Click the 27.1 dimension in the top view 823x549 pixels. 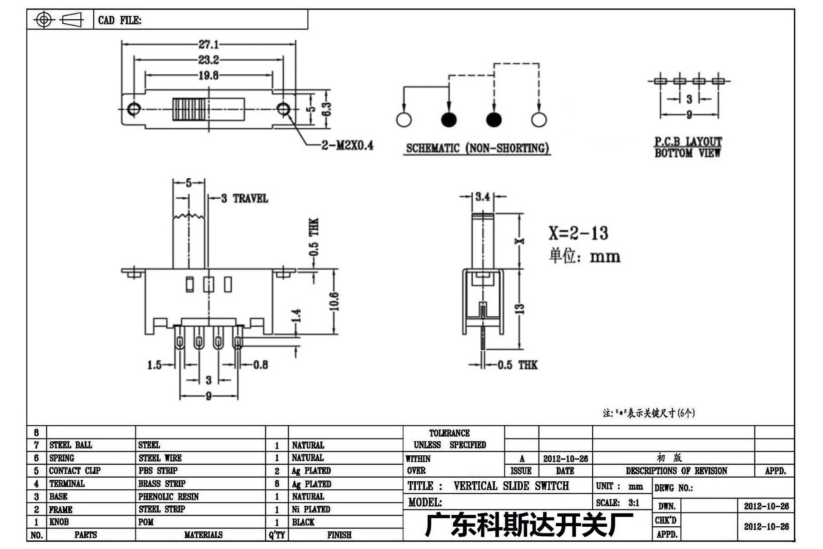point(209,44)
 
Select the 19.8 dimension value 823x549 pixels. point(209,76)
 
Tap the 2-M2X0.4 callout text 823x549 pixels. point(348,145)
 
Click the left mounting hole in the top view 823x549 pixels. point(134,109)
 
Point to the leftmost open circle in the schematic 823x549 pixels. point(404,120)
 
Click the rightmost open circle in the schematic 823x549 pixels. point(539,120)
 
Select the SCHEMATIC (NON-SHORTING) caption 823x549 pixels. point(477,148)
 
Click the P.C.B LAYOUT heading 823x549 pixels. point(688,141)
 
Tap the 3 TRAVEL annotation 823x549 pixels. point(244,198)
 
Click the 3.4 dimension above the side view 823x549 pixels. point(483,196)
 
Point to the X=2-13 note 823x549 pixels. point(578,233)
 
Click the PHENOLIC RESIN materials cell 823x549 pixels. point(169,497)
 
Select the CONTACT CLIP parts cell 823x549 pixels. point(75,471)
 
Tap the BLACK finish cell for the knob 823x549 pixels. point(303,522)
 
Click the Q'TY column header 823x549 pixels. point(277,535)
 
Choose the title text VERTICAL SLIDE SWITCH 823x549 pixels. point(511,486)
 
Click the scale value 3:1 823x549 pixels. point(634,503)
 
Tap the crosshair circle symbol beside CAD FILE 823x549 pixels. point(44,20)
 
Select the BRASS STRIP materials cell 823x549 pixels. point(162,484)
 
